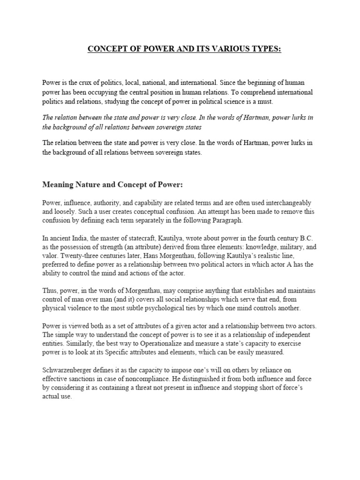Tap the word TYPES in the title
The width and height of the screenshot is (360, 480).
[267, 49]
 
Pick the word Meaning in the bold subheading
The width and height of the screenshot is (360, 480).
[60, 185]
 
